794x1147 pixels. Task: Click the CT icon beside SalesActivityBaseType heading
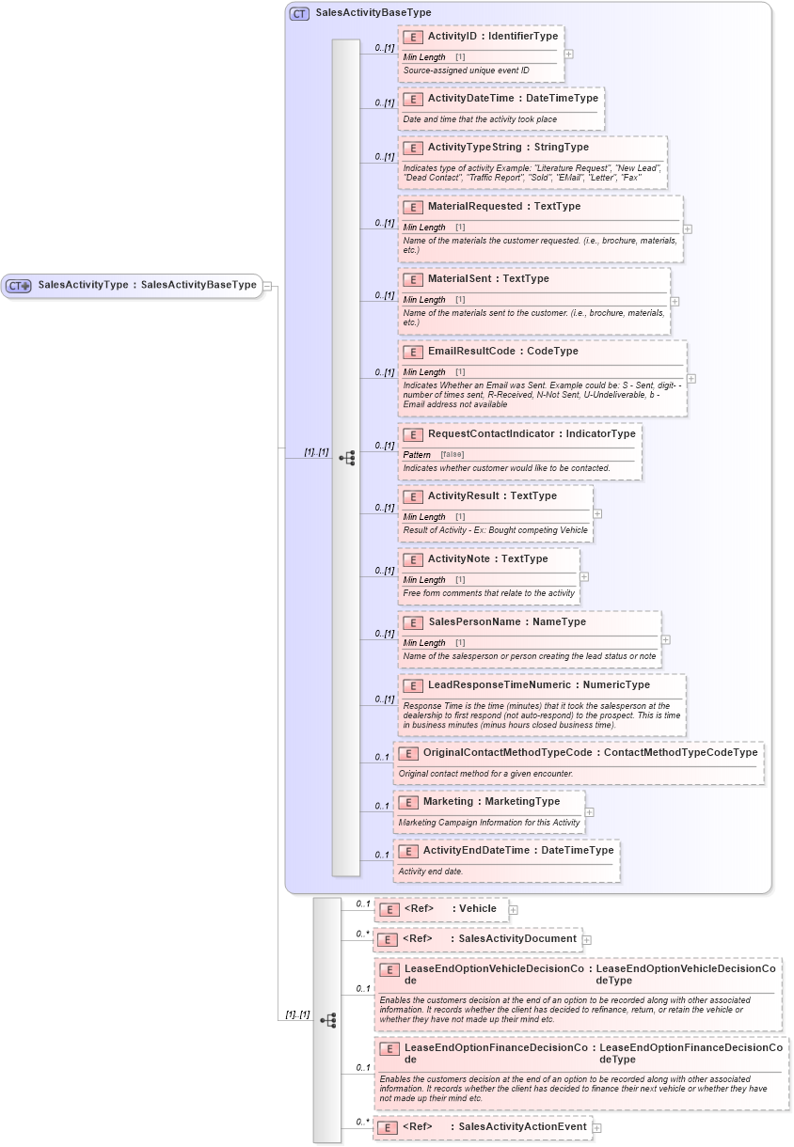click(299, 13)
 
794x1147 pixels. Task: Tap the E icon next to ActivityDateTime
click(412, 99)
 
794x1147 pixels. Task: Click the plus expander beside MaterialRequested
click(688, 228)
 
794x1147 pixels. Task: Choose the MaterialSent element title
click(461, 278)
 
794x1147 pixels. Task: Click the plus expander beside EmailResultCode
click(691, 379)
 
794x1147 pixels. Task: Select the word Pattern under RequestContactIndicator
click(417, 455)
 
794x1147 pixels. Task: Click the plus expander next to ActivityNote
click(584, 577)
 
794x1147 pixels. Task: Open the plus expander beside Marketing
click(589, 812)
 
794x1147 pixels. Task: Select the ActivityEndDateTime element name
click(477, 850)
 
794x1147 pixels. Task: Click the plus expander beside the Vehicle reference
click(513, 909)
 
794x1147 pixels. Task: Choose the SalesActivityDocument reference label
click(516, 938)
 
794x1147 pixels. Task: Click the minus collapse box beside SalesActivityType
click(268, 285)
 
